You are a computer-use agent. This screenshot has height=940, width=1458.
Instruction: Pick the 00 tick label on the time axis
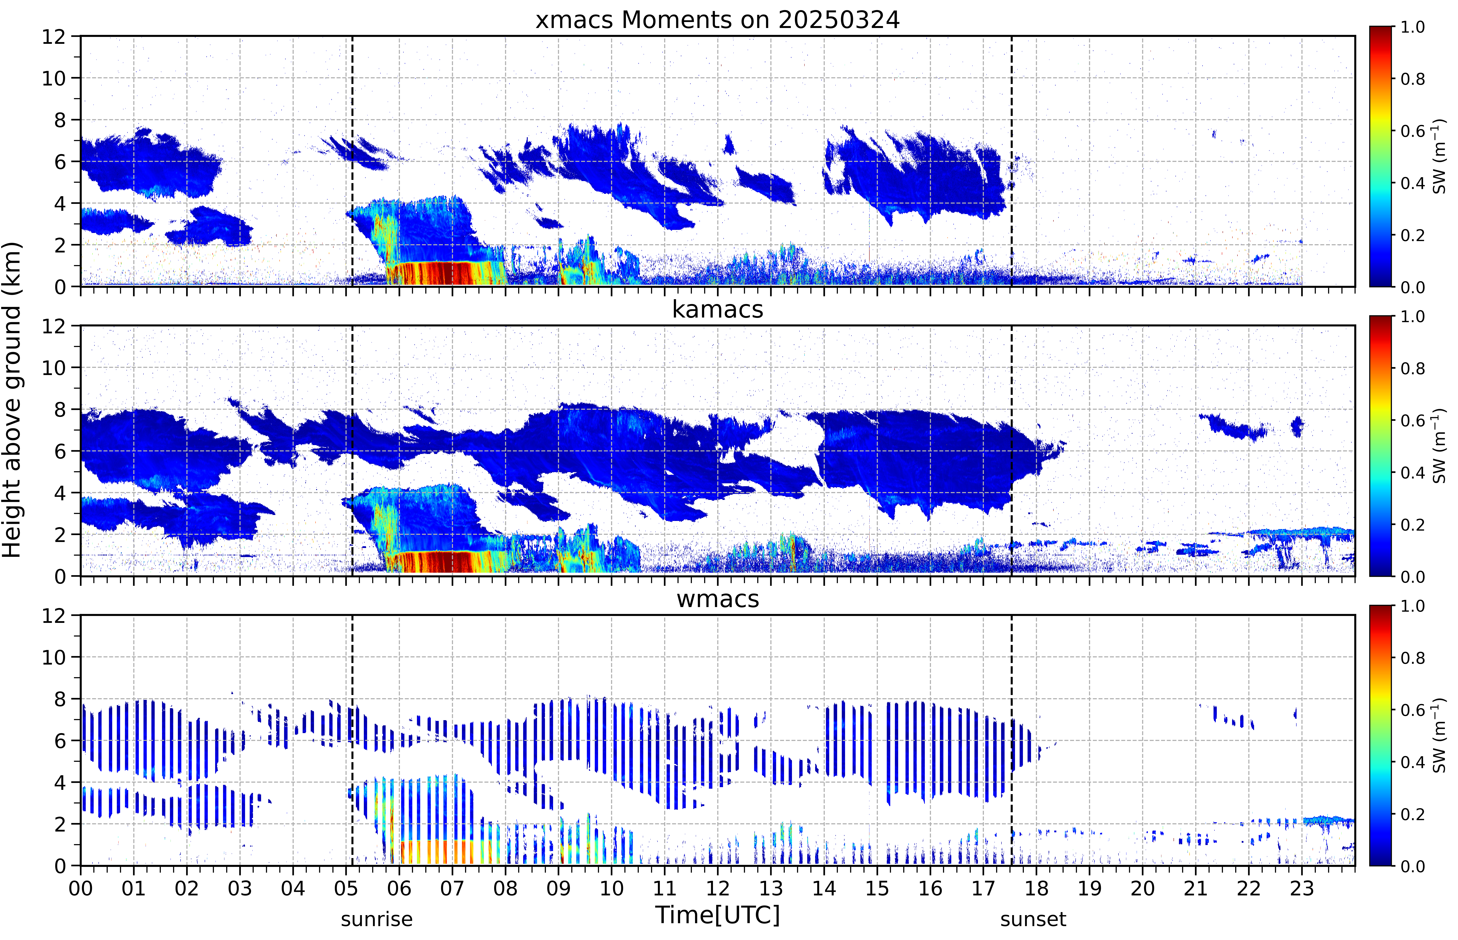click(81, 888)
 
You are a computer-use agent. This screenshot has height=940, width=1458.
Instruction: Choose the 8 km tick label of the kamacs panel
click(60, 410)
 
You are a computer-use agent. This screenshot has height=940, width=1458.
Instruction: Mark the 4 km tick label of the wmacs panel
click(60, 782)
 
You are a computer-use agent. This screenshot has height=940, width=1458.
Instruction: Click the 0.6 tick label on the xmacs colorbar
click(1412, 131)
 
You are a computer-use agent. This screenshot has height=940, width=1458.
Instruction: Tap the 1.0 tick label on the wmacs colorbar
click(1412, 606)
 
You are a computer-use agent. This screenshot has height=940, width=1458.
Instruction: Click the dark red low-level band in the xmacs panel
click(446, 273)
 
